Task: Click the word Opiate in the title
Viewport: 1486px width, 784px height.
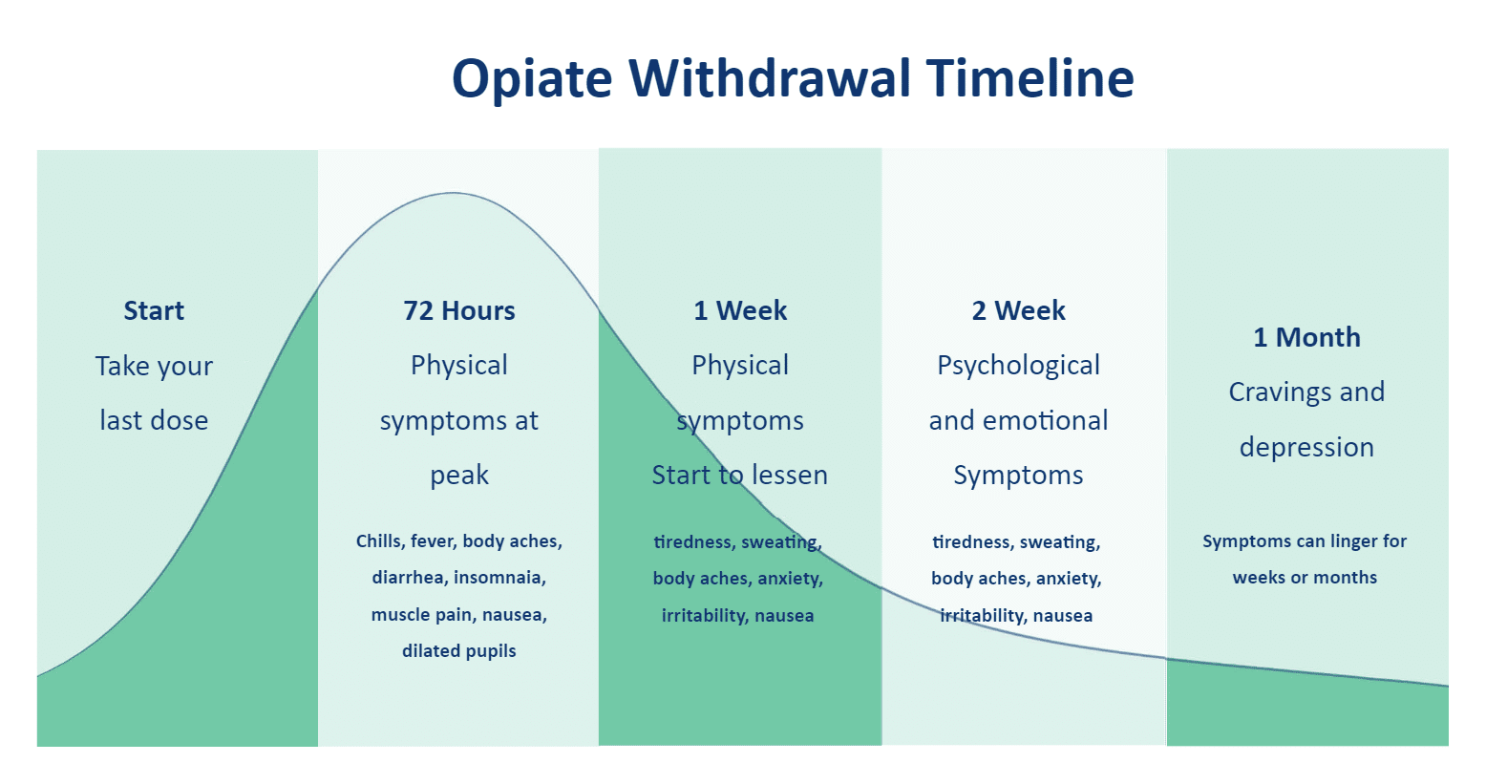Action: [x=531, y=78]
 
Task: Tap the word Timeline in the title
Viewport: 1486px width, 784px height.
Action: [x=1030, y=78]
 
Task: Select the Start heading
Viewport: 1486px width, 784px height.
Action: [x=154, y=310]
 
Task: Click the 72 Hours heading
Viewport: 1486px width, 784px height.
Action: [x=459, y=310]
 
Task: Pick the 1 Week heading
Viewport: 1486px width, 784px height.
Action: [x=740, y=310]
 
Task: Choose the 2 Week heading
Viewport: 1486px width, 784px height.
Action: [x=1018, y=310]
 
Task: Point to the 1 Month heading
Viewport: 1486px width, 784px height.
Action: [x=1306, y=337]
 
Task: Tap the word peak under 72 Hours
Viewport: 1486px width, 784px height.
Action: [x=459, y=476]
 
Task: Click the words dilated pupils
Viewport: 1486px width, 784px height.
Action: [x=459, y=651]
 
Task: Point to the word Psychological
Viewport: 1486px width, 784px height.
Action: [x=1018, y=366]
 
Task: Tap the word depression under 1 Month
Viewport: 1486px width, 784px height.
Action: [x=1306, y=447]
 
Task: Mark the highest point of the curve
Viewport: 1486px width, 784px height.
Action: [x=453, y=193]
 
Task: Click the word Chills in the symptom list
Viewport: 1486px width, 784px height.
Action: [x=379, y=541]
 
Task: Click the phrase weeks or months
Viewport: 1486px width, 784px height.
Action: [x=1305, y=578]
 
